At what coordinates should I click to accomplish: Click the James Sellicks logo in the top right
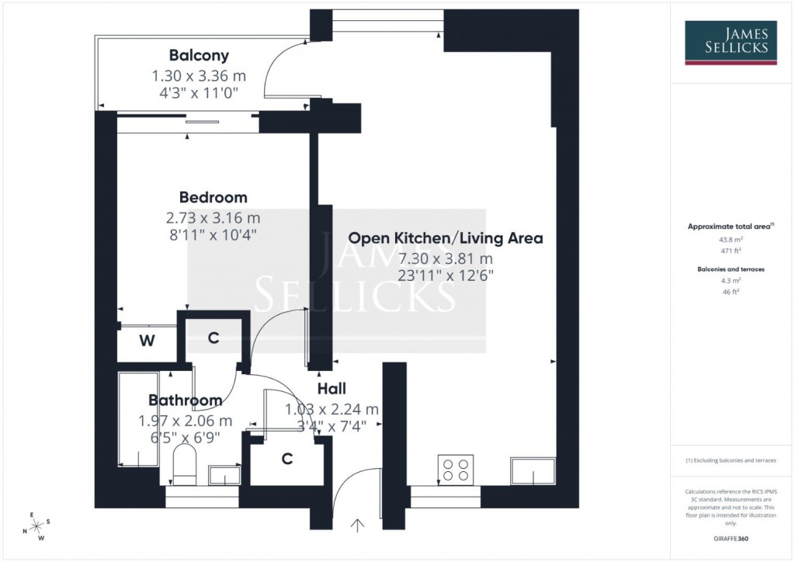point(730,43)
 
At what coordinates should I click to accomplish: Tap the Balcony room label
point(199,55)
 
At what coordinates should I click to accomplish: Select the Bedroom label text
point(213,197)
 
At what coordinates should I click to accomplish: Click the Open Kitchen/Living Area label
point(445,238)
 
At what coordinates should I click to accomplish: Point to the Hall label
point(332,389)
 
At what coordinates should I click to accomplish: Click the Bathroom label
point(185,401)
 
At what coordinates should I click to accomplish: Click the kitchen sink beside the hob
point(533,470)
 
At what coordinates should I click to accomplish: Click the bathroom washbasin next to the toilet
point(224,474)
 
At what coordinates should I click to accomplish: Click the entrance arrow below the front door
point(357,526)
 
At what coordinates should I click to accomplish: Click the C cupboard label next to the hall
point(286,460)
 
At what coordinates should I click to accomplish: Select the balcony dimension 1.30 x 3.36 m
point(199,77)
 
